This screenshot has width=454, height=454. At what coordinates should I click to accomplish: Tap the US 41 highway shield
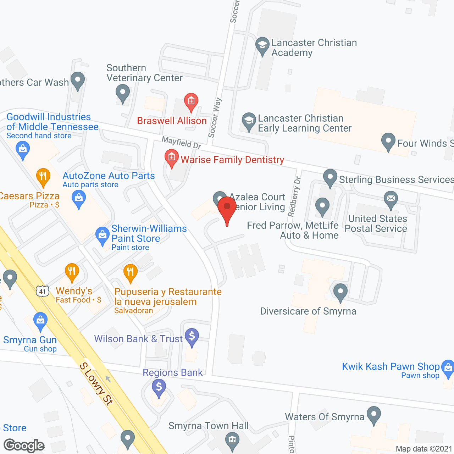coord(42,291)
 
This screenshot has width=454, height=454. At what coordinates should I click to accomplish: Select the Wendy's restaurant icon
coord(72,272)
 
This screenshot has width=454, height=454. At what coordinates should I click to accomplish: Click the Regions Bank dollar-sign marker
coord(159,387)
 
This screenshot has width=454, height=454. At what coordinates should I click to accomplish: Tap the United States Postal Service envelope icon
coord(391,198)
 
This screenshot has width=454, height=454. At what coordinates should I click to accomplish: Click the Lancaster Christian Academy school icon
coord(262,45)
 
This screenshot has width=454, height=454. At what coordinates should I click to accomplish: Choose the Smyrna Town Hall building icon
coord(232,440)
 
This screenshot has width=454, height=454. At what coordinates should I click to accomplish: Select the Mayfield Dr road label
coord(182,143)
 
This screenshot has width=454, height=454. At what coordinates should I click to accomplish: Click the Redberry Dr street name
coord(294,196)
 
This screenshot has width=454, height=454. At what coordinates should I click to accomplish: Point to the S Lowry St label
coord(96,383)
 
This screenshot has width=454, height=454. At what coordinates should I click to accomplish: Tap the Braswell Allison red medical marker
coord(191,101)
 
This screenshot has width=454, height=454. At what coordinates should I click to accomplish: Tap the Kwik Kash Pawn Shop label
coord(391,366)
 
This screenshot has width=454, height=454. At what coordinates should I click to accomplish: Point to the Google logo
coord(24,445)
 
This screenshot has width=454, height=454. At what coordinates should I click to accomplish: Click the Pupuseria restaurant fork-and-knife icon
coord(130,272)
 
